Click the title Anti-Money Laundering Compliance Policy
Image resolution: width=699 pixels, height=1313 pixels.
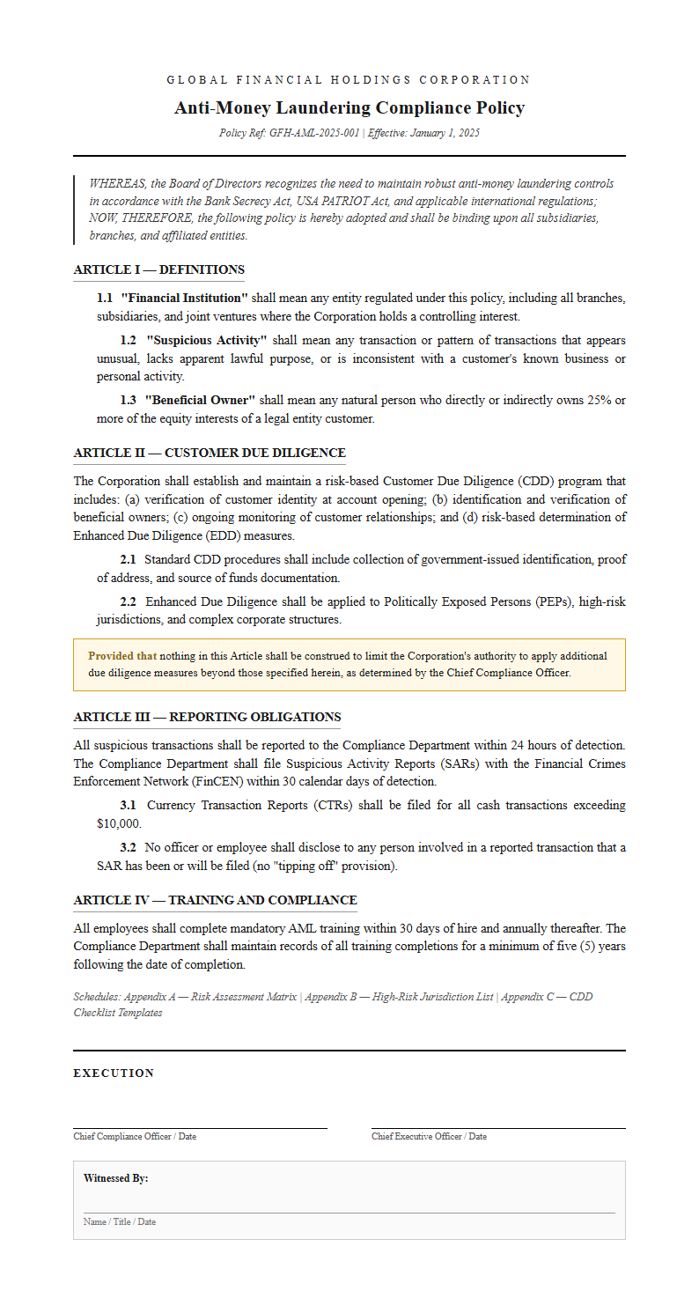[349, 107]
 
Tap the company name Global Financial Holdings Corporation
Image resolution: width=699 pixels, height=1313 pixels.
[349, 80]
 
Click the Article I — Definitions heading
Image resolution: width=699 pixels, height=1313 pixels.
[158, 269]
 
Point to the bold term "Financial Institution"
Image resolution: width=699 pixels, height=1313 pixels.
[184, 299]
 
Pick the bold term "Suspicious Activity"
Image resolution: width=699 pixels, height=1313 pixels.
[206, 340]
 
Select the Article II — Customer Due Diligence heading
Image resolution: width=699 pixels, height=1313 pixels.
[210, 453]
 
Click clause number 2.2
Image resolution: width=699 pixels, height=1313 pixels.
[128, 601]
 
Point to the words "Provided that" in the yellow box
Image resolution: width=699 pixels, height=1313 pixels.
[122, 656]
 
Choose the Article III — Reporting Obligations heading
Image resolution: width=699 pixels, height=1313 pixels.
[207, 717]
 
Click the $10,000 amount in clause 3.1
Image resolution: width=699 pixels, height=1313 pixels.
[119, 823]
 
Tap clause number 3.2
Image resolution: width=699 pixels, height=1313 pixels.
[128, 847]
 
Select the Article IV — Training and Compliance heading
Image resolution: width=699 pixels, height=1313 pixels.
[215, 900]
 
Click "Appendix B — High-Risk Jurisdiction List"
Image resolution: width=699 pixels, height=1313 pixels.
[399, 997]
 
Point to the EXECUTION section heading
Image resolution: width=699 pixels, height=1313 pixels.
[114, 1073]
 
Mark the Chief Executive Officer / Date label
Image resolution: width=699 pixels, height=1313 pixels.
[429, 1136]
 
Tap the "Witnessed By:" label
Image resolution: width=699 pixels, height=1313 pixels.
[115, 1178]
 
